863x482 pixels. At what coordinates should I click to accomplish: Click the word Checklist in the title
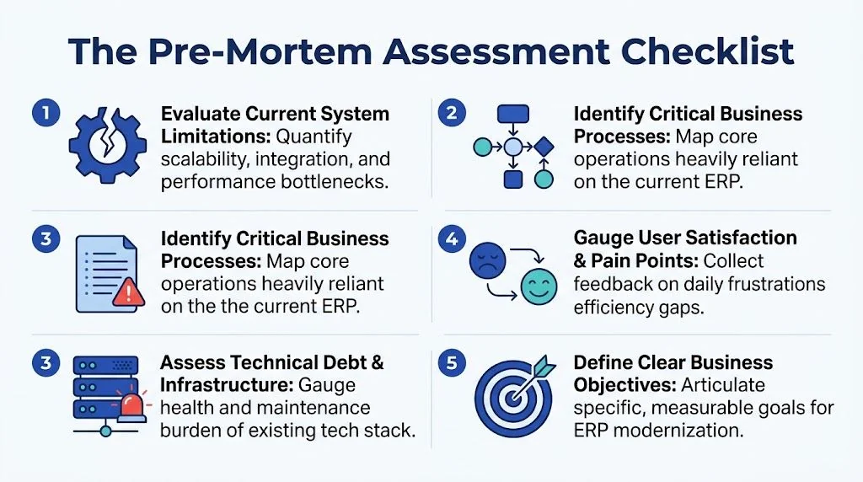click(x=707, y=51)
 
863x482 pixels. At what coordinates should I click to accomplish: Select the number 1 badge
click(x=46, y=114)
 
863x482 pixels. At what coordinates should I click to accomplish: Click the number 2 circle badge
click(x=452, y=114)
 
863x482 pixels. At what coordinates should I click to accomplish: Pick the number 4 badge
click(x=452, y=238)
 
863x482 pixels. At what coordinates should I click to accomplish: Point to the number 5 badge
click(x=452, y=363)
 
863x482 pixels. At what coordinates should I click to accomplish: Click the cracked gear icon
click(x=108, y=145)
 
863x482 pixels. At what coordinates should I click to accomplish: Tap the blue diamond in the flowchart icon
click(x=544, y=147)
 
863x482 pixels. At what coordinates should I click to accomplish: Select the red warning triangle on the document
click(x=129, y=292)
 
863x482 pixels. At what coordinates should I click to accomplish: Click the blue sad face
click(x=488, y=260)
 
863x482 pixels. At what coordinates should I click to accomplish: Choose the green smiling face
click(x=539, y=287)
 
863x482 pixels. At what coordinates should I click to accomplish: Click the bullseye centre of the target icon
click(x=513, y=398)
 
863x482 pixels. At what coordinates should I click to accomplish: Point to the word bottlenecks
click(x=334, y=181)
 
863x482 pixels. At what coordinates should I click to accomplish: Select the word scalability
click(x=205, y=159)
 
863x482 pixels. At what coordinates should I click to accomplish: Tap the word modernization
click(x=678, y=431)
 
